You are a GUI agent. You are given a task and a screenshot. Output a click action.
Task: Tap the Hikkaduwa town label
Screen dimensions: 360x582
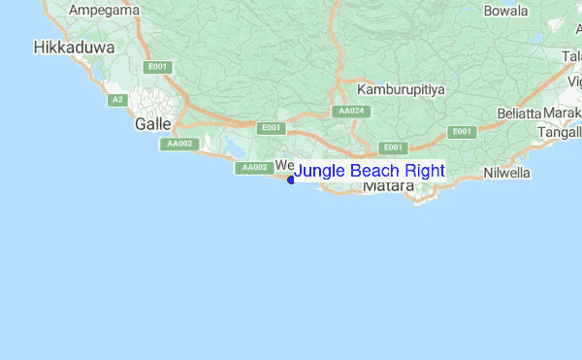(75, 47)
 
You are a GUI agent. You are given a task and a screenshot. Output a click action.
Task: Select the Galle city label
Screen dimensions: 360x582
(153, 124)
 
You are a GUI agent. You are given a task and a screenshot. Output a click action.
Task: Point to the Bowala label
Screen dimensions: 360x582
(505, 12)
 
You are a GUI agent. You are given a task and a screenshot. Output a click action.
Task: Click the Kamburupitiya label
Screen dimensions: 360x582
(401, 89)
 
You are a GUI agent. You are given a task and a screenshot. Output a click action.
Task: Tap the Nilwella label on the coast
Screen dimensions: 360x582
(508, 174)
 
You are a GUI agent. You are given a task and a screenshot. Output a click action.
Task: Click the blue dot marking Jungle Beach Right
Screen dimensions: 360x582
(291, 179)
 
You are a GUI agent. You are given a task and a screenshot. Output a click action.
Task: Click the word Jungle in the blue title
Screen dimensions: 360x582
(320, 172)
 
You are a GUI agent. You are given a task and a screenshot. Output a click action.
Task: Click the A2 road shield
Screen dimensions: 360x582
(117, 100)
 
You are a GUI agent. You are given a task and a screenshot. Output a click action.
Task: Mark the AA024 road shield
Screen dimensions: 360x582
(351, 112)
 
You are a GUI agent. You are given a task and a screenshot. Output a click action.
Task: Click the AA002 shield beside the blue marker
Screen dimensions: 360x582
(254, 168)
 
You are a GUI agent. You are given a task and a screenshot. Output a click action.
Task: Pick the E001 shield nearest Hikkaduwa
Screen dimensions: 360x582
(155, 67)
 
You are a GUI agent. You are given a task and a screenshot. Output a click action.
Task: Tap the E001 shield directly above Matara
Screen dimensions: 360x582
(392, 147)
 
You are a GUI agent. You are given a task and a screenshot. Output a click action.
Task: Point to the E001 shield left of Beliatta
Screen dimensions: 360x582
(461, 132)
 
